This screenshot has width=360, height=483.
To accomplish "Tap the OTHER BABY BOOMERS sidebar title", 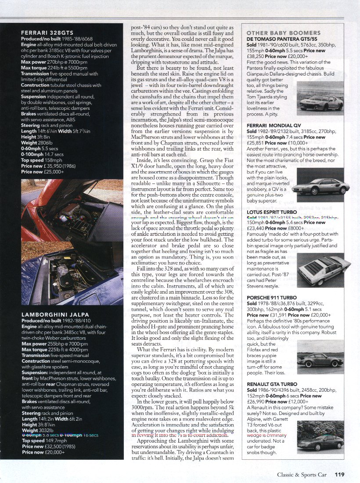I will click(x=284, y=33).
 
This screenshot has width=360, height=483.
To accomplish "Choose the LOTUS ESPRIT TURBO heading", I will click(x=275, y=212).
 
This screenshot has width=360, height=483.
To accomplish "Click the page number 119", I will click(x=339, y=474).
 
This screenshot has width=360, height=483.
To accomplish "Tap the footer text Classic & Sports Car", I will click(x=302, y=474).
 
